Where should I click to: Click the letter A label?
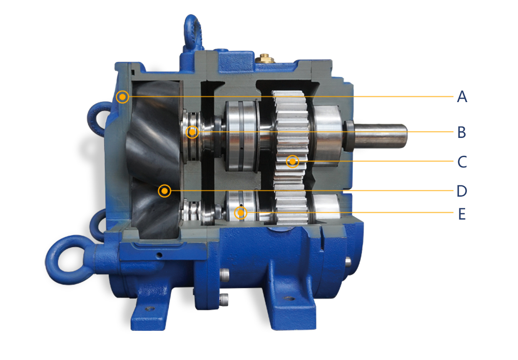[x=462, y=97]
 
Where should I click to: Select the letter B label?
[x=461, y=132]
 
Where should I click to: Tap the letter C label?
[x=462, y=162]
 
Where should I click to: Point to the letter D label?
[x=462, y=191]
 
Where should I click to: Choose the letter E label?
[x=462, y=214]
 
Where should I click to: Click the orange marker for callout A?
[x=122, y=97]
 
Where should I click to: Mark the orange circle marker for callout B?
[x=192, y=132]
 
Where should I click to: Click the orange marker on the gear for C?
[x=293, y=162]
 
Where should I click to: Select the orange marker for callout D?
[x=164, y=191]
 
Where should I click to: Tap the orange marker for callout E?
[x=241, y=212]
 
